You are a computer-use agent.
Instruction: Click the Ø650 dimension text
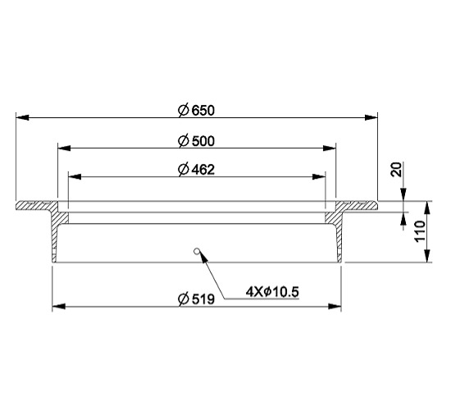(196, 111)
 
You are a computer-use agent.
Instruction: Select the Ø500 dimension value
(196, 141)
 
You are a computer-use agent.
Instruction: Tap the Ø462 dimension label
(196, 170)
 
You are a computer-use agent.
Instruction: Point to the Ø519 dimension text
(196, 299)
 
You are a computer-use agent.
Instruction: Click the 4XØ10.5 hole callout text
(272, 292)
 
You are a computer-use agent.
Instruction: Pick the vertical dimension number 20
(397, 170)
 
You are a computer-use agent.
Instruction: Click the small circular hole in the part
(197, 251)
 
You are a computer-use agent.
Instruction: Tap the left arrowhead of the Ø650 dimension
(22, 117)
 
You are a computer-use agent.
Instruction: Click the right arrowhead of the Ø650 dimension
(371, 117)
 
